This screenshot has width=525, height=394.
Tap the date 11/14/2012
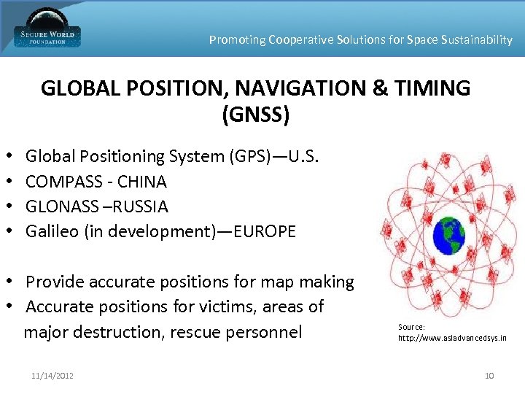(x=52, y=376)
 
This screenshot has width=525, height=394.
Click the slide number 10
(x=489, y=376)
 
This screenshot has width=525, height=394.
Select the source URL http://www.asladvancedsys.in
(x=452, y=339)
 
